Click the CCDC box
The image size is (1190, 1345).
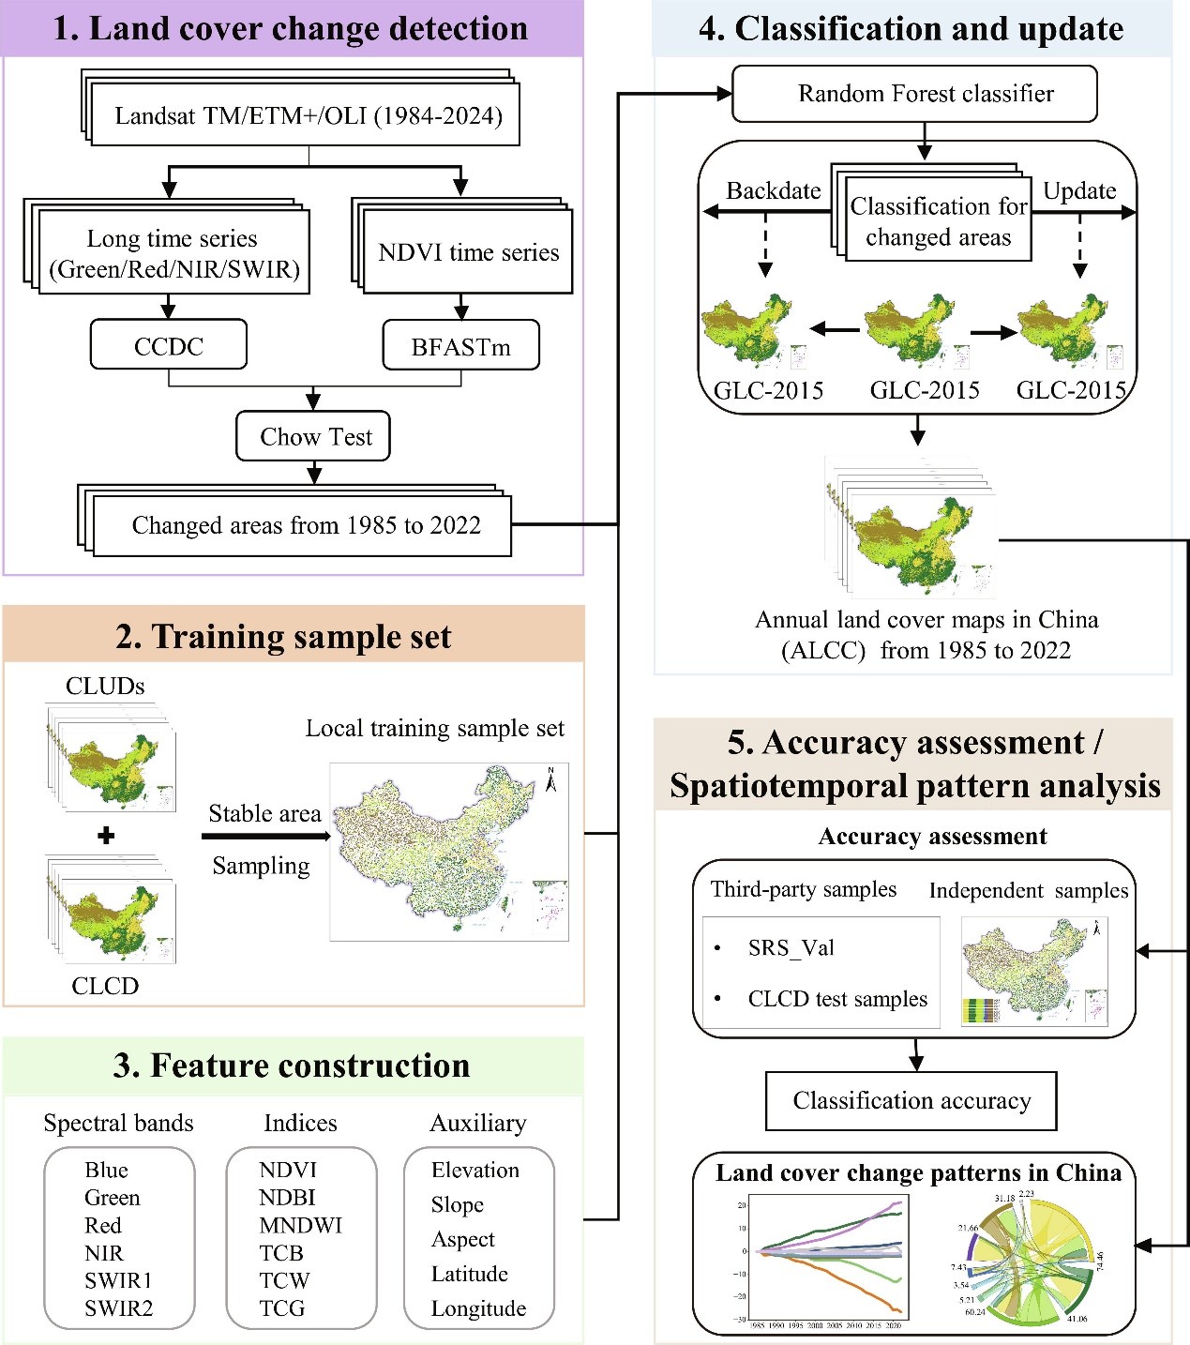pos(169,345)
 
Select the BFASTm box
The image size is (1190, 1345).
pos(460,346)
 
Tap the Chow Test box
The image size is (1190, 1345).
pos(315,436)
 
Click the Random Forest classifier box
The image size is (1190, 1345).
pos(925,94)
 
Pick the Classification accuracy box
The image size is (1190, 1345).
pos(911,1100)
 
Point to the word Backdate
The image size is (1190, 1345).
pos(773,190)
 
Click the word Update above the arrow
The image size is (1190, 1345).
pos(1079,190)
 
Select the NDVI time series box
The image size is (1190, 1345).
pos(468,252)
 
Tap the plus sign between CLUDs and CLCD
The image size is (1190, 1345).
pos(106,835)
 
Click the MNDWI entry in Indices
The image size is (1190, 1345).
pos(300,1225)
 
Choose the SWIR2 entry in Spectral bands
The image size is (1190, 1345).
pos(118,1307)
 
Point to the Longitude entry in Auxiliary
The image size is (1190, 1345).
pos(478,1308)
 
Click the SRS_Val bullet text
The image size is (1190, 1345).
pos(791,947)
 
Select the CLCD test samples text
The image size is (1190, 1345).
pos(837,999)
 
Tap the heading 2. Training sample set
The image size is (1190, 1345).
pos(283,636)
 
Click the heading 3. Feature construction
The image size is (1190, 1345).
pos(291,1065)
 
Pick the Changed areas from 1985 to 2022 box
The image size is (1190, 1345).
pos(306,525)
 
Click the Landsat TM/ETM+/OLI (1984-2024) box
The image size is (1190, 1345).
pos(309,116)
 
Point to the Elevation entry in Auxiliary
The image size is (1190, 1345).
pos(474,1170)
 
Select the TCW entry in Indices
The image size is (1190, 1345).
pos(284,1280)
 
